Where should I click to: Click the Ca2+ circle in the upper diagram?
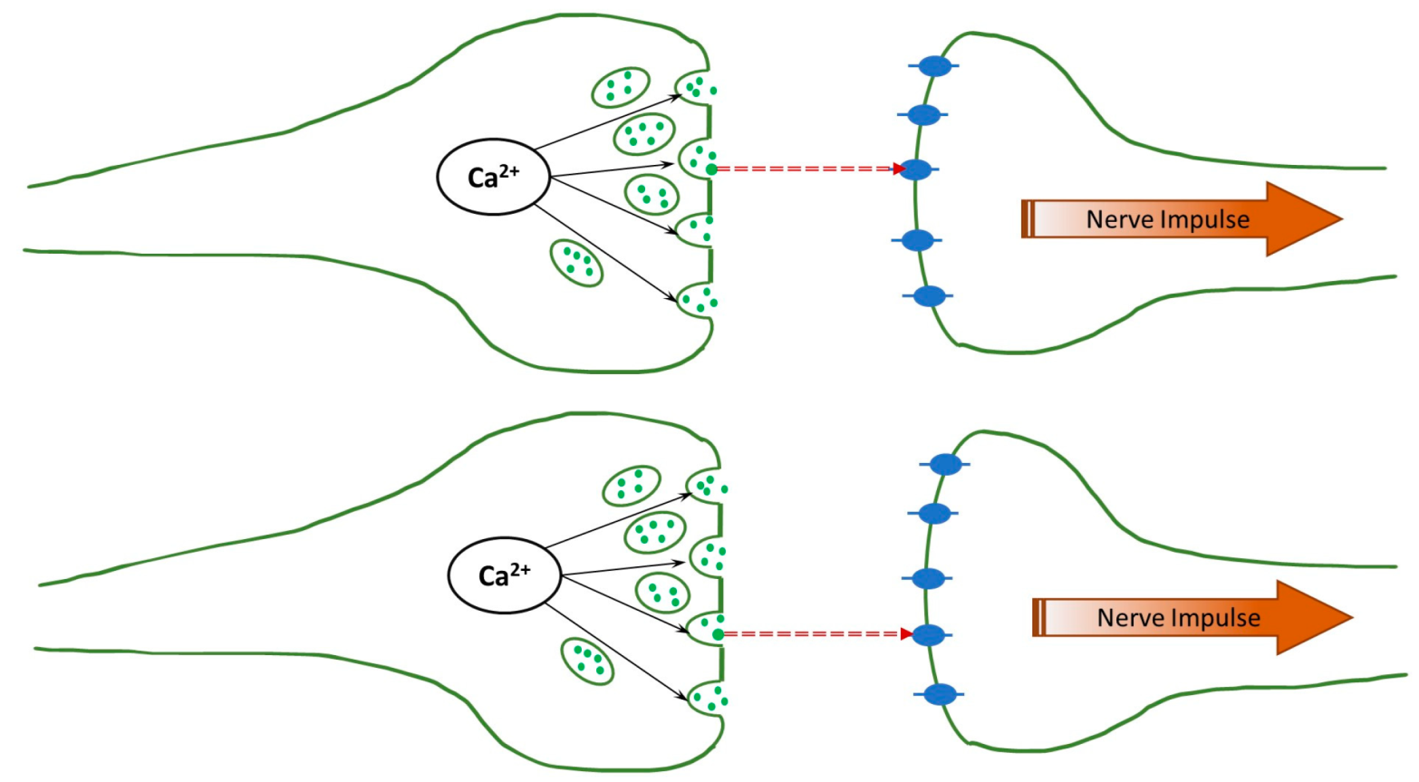click(494, 177)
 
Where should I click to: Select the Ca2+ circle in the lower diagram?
click(505, 575)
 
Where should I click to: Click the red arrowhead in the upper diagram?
click(899, 169)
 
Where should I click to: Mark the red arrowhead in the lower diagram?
click(906, 634)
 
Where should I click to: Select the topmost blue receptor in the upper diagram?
click(934, 66)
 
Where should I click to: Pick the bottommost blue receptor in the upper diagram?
click(929, 296)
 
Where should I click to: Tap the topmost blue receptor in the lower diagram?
click(945, 464)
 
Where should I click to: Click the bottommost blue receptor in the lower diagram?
click(941, 695)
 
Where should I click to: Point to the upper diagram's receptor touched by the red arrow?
click(917, 169)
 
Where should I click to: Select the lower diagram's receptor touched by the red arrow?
click(928, 635)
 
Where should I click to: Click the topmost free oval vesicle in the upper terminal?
click(621, 88)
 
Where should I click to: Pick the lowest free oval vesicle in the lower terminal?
click(587, 661)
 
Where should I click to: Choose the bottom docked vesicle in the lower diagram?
click(707, 699)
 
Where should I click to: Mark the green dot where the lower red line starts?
click(718, 634)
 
